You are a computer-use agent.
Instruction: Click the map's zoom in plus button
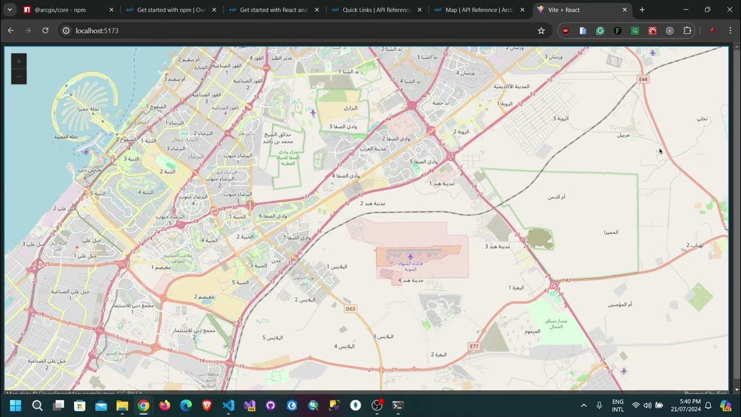pyautogui.click(x=19, y=61)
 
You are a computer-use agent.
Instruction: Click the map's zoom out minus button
pyautogui.click(x=19, y=76)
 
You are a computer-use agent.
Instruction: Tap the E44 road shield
pyautogui.click(x=643, y=78)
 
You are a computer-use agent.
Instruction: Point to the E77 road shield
pyautogui.click(x=474, y=346)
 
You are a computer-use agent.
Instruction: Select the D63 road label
pyautogui.click(x=350, y=309)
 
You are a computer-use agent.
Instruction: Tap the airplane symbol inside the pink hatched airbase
pyautogui.click(x=410, y=256)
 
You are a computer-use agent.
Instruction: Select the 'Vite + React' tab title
pyautogui.click(x=564, y=10)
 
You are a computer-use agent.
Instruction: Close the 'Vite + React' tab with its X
pyautogui.click(x=625, y=10)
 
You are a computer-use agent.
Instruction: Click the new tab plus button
pyautogui.click(x=642, y=10)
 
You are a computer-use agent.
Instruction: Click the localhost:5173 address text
pyautogui.click(x=97, y=31)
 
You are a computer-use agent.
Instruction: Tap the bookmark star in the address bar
pyautogui.click(x=541, y=31)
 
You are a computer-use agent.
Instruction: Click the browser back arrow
pyautogui.click(x=10, y=31)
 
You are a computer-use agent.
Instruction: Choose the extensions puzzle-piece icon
pyautogui.click(x=687, y=31)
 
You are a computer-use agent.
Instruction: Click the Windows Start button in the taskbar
pyautogui.click(x=15, y=405)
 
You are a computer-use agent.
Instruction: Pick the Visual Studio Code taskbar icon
pyautogui.click(x=228, y=405)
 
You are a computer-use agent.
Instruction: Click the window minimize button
pyautogui.click(x=686, y=10)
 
